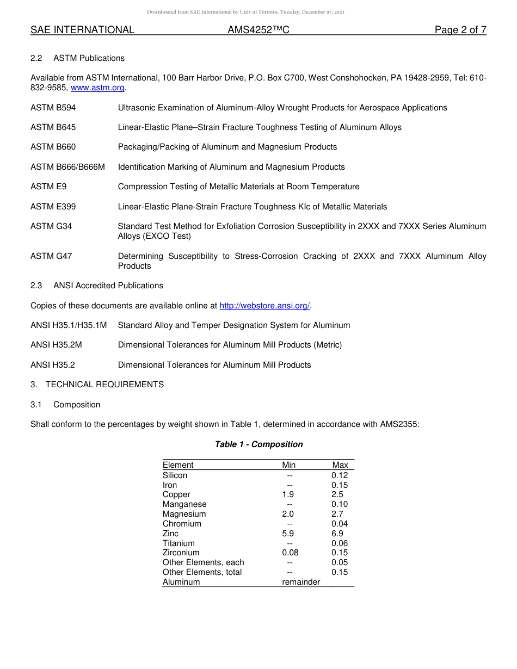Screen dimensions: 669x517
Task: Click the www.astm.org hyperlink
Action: (x=98, y=88)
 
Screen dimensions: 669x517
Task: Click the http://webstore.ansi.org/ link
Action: (x=264, y=306)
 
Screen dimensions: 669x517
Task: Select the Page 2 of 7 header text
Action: (x=460, y=30)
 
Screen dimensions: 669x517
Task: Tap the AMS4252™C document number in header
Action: (x=258, y=30)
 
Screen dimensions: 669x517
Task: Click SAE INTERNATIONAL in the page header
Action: (x=82, y=30)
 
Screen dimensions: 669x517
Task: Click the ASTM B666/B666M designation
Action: (x=67, y=167)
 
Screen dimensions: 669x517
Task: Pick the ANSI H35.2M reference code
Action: (x=56, y=345)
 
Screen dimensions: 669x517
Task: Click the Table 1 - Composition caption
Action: (x=258, y=444)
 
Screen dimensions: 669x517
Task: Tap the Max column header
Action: (x=340, y=465)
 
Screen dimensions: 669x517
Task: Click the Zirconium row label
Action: (x=181, y=553)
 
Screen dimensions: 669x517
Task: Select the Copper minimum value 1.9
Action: (x=288, y=494)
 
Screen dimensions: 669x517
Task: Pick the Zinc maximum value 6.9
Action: (x=337, y=534)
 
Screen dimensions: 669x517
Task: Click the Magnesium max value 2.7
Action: (x=337, y=514)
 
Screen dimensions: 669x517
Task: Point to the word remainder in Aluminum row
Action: (x=301, y=582)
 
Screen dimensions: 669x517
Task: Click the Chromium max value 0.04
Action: (x=340, y=524)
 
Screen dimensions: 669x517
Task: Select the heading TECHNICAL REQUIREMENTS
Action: (x=104, y=385)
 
